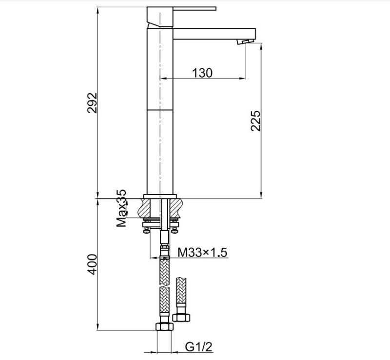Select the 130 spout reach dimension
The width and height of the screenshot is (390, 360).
[x=202, y=73]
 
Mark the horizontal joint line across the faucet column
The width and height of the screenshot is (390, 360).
[x=160, y=110]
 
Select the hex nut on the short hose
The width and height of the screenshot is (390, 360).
[x=181, y=318]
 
